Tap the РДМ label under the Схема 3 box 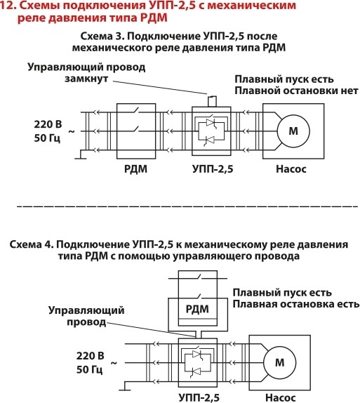click(135, 169)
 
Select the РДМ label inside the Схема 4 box click(197, 309)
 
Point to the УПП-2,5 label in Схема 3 click(213, 169)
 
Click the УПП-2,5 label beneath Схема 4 click(199, 397)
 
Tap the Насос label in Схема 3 click(291, 169)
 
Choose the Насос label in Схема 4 click(280, 397)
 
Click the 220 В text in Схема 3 click(48, 124)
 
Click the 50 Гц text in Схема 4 click(90, 369)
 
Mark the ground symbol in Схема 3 click(81, 154)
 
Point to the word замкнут click(86, 79)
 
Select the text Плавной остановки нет click(296, 91)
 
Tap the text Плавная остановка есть click(296, 304)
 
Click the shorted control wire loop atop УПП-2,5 click(212, 101)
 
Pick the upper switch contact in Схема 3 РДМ click(135, 110)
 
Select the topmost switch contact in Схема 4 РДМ click(198, 277)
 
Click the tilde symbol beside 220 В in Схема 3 click(72, 132)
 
